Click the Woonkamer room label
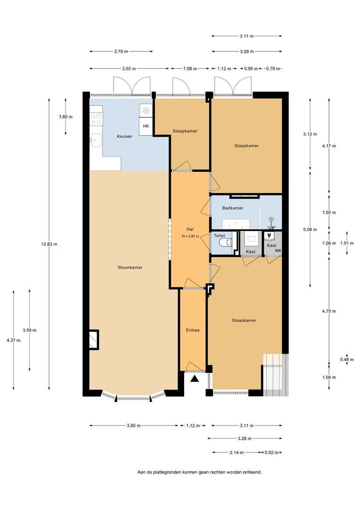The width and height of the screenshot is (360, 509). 130,267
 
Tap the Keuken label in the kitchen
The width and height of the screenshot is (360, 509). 124,136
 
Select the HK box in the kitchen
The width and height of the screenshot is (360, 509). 146,126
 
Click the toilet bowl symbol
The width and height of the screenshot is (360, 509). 227,243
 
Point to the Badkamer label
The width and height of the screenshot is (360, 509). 233,208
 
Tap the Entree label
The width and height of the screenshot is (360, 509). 192,330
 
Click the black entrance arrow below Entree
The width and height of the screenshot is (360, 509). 194,378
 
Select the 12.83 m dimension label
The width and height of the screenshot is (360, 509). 49,244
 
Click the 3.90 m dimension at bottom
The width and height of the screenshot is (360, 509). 133,426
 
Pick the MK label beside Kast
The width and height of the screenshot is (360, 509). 278,252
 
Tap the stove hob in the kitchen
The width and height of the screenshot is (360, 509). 97,119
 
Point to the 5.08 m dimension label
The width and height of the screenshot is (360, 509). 310,230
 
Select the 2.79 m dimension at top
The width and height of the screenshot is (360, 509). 120,52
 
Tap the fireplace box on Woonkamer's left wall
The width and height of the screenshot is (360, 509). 94,339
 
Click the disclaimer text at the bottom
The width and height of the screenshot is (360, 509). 199,472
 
